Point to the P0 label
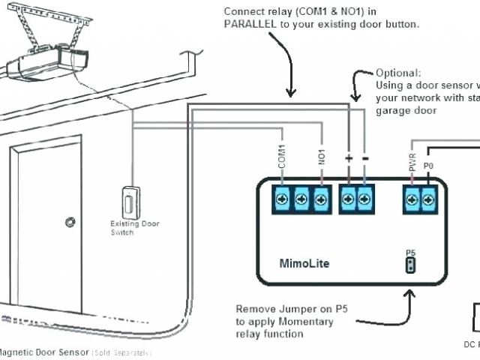point(428,165)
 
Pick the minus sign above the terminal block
point(365,160)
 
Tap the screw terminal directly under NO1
point(321,199)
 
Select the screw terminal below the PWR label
point(412,199)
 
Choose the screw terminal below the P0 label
point(429,199)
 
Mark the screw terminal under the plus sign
point(348,199)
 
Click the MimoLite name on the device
point(304,263)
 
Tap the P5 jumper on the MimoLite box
point(410,265)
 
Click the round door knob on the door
point(70,222)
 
